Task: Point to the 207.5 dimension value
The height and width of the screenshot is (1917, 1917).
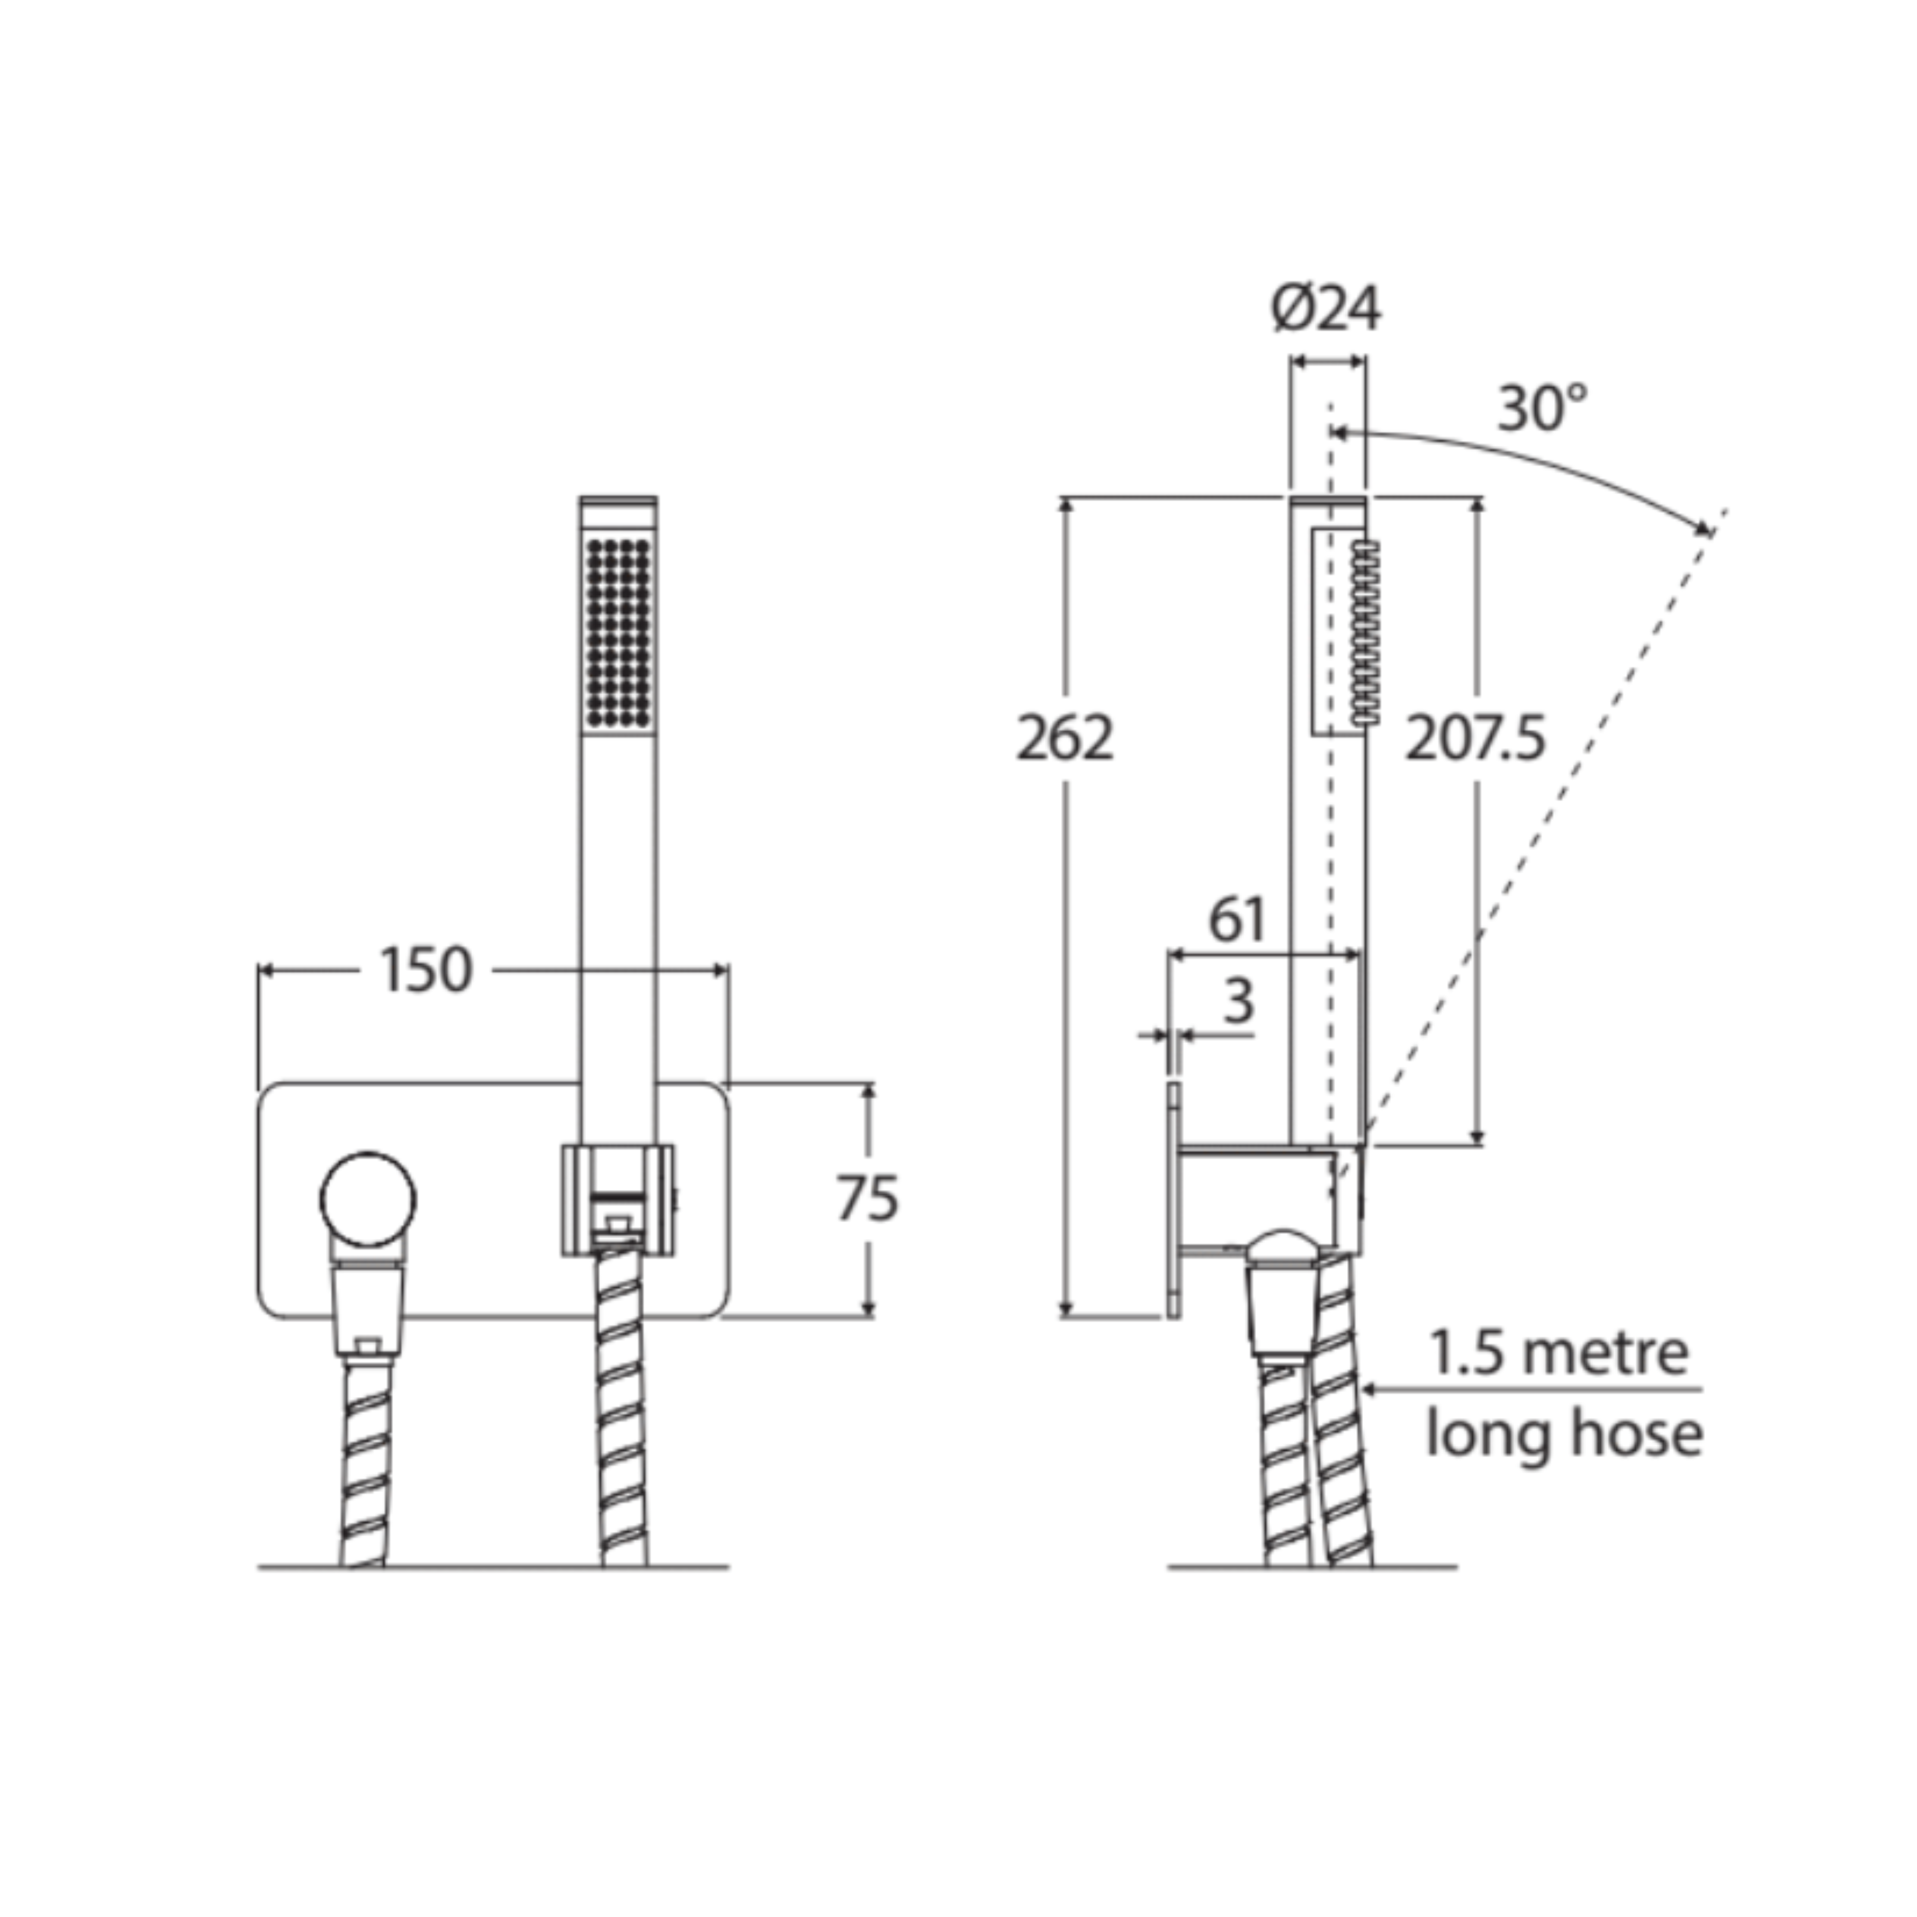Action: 1476,738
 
